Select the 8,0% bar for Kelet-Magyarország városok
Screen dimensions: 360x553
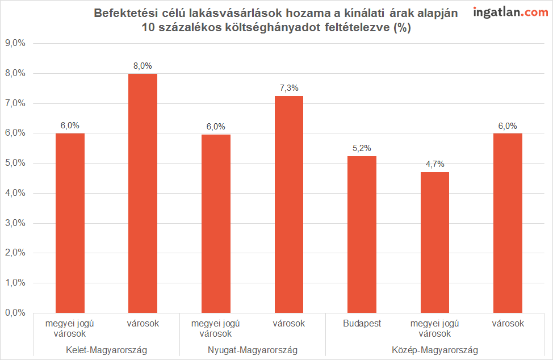[x=143, y=193]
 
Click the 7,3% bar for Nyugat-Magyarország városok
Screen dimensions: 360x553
[x=289, y=204]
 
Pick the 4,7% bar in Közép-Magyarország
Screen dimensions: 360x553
[x=435, y=242]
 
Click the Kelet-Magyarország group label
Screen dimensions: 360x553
[x=106, y=350]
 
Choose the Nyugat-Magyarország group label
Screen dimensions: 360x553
[x=253, y=350]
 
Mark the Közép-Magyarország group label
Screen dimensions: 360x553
[x=435, y=350]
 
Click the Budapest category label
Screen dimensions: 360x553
[x=362, y=324]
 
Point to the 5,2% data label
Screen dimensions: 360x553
[x=362, y=148]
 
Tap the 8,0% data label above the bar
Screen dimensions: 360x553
[x=143, y=66]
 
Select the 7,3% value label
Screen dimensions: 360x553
[x=289, y=88]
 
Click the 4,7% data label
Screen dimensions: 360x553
[x=435, y=165]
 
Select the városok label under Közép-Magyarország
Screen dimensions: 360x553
[x=508, y=324]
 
